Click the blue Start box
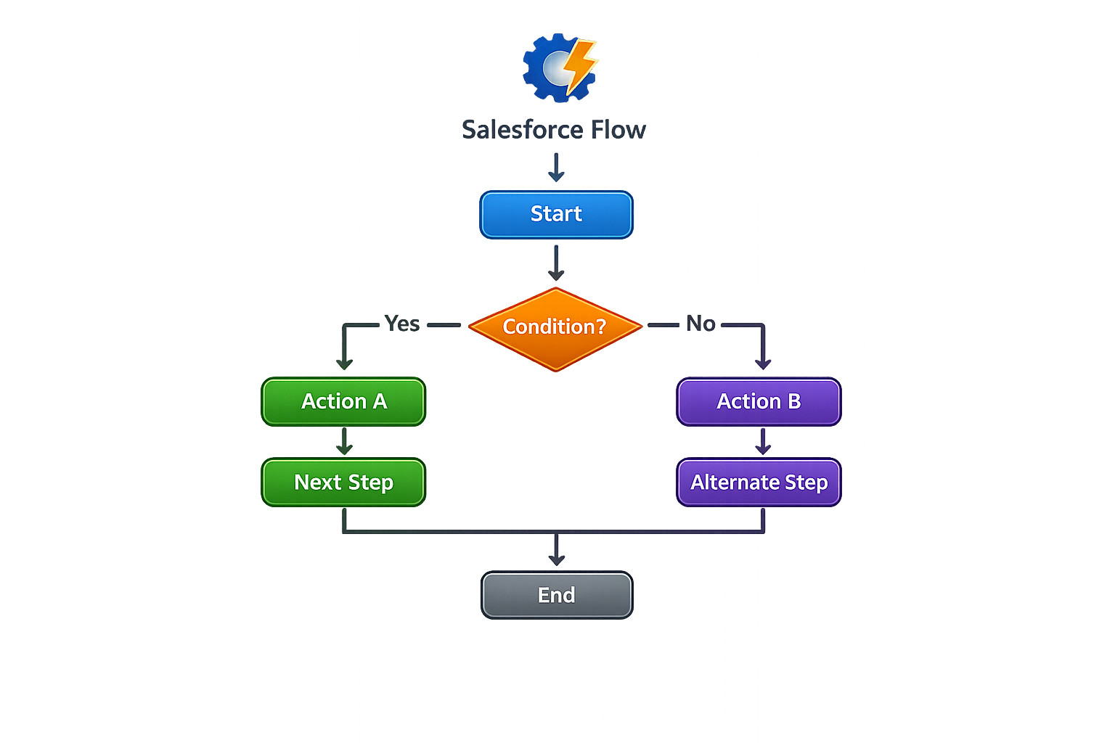556,214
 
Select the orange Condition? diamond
555,328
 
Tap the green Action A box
343,401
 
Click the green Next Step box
343,482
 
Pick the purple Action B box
759,401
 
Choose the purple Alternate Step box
759,482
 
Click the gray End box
557,595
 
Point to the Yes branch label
402,324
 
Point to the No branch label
701,324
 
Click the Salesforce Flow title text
554,130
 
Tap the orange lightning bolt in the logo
580,65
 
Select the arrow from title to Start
556,167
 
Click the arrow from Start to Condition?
556,262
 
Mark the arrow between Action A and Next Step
344,440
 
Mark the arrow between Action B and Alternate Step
762,440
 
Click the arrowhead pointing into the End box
557,559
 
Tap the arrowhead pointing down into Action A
344,362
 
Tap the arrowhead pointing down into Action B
762,362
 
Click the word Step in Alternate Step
806,483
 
